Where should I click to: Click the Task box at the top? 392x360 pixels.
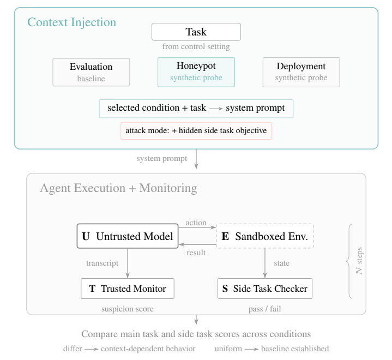[196, 32]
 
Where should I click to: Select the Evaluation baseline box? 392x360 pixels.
[91, 72]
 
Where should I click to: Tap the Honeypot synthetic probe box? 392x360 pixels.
[196, 72]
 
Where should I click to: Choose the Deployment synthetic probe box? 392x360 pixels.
[301, 72]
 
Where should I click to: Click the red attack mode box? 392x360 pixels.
[196, 131]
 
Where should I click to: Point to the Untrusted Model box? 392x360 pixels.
[128, 236]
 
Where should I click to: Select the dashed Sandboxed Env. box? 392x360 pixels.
[264, 236]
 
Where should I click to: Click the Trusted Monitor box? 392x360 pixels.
[128, 288]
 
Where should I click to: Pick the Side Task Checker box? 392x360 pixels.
[264, 288]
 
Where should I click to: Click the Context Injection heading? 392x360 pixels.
[71, 23]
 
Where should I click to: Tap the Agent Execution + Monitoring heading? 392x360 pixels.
[118, 189]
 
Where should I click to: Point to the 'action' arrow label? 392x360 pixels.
[196, 222]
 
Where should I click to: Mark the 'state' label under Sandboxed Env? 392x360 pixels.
[281, 263]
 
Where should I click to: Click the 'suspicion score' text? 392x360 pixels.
[128, 309]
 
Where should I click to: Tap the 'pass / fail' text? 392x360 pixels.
[264, 309]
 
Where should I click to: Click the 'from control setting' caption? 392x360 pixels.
[196, 46]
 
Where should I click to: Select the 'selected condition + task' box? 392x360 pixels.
[196, 108]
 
